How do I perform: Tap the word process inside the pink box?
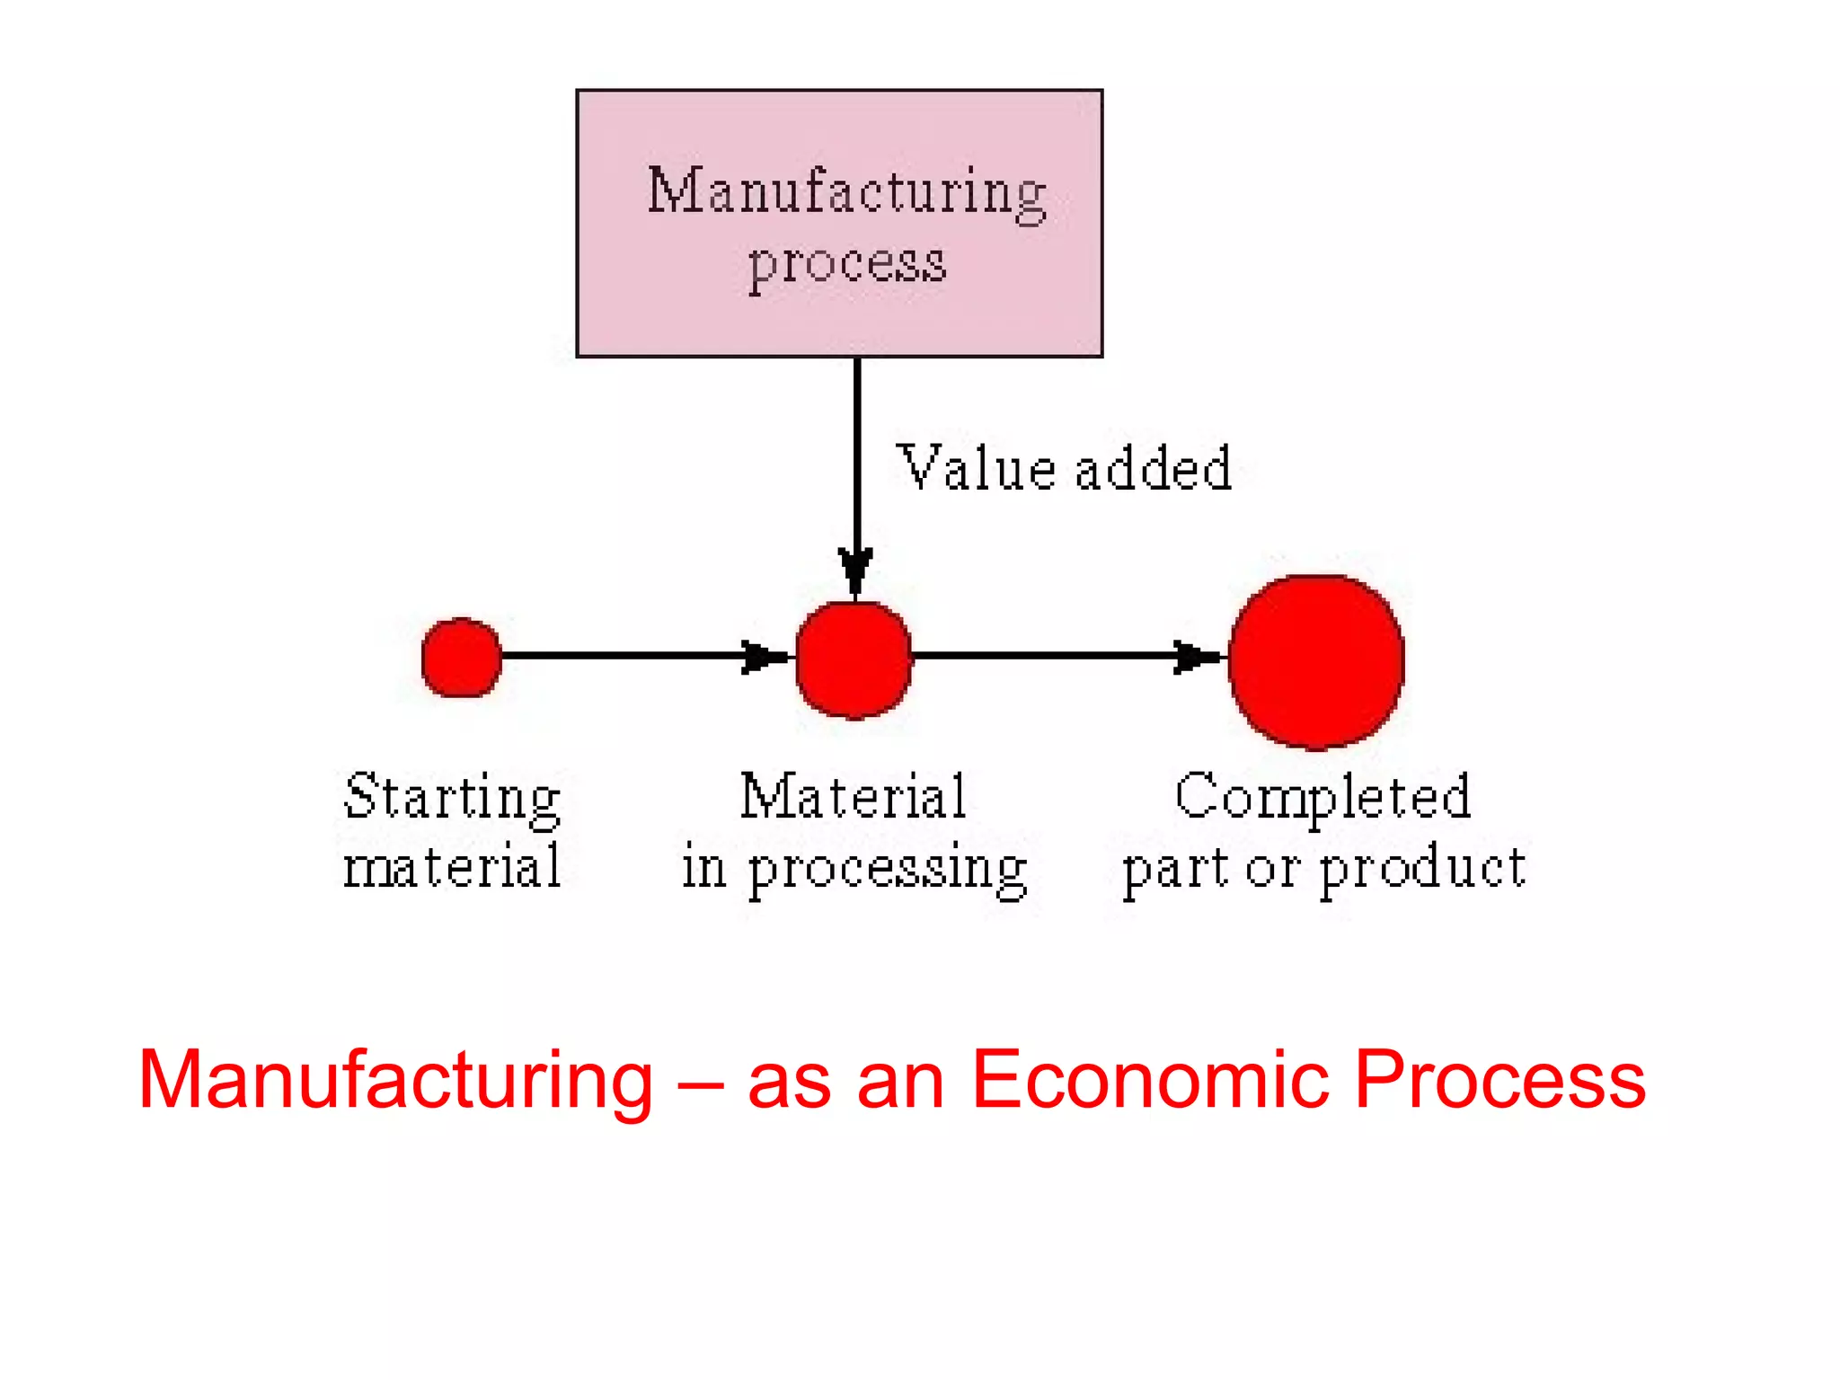pos(847,264)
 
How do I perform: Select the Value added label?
pos(1065,469)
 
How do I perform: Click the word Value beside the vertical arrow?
pos(976,469)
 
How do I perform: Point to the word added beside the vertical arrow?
pos(1154,469)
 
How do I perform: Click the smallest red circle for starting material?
pos(462,657)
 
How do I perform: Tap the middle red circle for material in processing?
pos(854,660)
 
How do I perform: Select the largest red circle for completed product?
pos(1316,661)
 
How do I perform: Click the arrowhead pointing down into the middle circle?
pos(856,570)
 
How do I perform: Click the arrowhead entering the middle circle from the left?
pos(764,657)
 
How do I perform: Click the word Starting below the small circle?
pos(453,798)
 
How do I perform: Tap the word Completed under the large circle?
pos(1322,797)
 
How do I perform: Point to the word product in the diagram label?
pos(1422,870)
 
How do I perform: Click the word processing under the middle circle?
pos(888,870)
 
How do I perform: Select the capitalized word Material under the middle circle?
pos(854,796)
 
